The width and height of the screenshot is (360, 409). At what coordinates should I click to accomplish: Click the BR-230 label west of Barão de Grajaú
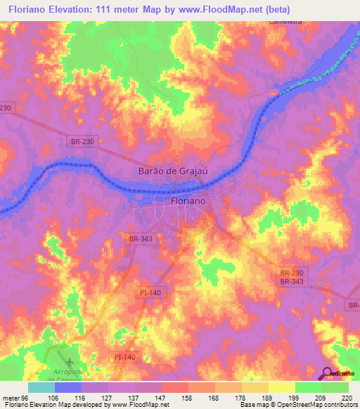pos(83,141)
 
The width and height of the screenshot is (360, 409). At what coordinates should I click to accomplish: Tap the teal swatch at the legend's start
pos(41,387)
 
